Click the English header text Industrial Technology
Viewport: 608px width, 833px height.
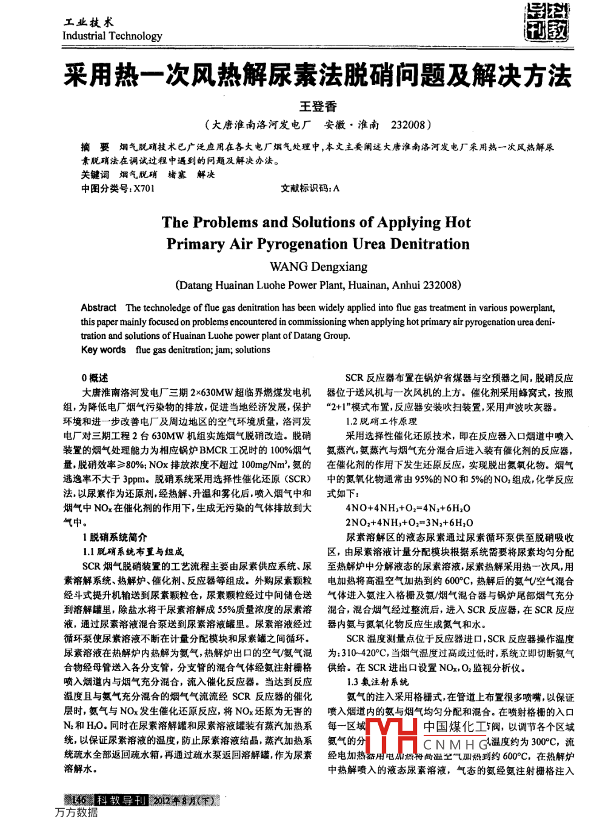(112, 36)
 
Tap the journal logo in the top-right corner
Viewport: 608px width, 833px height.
(547, 22)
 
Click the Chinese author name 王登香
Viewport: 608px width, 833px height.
(318, 107)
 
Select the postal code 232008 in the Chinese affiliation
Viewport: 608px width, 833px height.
(408, 125)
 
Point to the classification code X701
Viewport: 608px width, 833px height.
(144, 189)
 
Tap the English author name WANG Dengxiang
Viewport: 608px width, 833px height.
(318, 267)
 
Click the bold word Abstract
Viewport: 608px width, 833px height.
(99, 308)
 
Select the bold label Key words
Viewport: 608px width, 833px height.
(103, 350)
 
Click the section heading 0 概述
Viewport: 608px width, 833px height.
(95, 378)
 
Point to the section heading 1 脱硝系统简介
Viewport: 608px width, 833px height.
(115, 537)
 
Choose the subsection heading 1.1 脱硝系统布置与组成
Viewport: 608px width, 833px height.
(133, 552)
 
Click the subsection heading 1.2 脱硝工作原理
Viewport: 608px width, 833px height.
(381, 421)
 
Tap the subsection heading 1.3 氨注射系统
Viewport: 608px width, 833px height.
(377, 682)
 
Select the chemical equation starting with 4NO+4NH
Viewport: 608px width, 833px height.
(408, 508)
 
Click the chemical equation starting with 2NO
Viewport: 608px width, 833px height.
(409, 523)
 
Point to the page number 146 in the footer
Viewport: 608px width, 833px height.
(79, 800)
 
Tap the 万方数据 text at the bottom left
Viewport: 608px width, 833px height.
(76, 812)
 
